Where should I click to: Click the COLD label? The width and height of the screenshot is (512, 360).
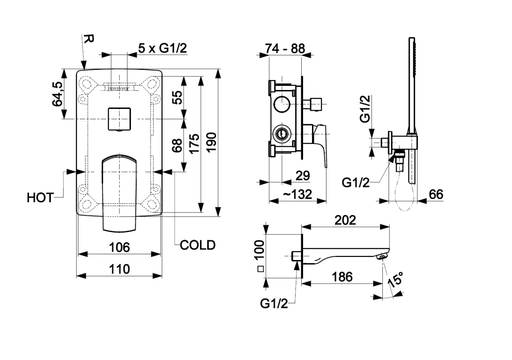pos(197,245)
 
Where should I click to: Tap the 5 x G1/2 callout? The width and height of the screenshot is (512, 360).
pos(162,49)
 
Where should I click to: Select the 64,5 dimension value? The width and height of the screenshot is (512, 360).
pos(58,94)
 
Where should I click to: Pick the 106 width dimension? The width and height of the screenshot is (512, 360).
pos(119,247)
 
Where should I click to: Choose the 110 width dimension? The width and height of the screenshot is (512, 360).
pos(119,269)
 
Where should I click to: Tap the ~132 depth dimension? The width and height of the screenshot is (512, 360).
pos(297,194)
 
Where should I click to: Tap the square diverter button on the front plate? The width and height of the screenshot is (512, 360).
pos(119,118)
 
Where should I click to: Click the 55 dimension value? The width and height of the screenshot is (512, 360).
pos(177,97)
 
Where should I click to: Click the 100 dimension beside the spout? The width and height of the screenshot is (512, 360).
pos(259,250)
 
